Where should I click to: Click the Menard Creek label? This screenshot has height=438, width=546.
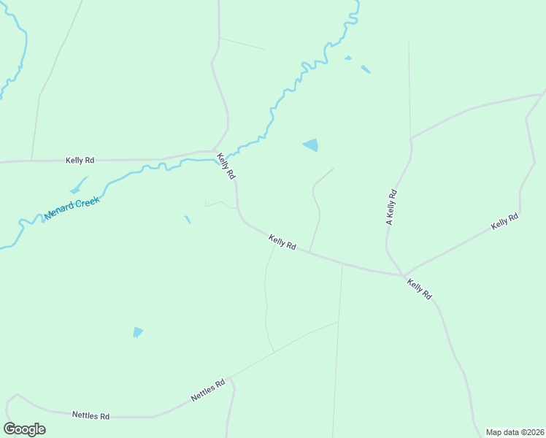click(x=72, y=207)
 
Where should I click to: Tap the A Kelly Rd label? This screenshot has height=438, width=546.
click(x=391, y=207)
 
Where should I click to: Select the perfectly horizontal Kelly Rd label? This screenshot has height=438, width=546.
click(x=80, y=160)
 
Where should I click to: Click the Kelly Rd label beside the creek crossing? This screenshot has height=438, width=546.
click(x=226, y=166)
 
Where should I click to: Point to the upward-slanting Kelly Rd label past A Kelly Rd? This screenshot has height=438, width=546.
click(x=504, y=221)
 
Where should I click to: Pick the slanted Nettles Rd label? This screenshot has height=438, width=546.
click(x=208, y=391)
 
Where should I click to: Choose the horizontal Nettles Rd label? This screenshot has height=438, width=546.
click(x=91, y=415)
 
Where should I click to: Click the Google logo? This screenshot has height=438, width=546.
click(x=24, y=429)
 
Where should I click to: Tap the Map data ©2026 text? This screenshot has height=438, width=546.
click(x=515, y=432)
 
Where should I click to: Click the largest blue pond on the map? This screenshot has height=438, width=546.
click(x=312, y=145)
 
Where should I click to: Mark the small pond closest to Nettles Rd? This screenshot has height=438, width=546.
click(x=137, y=332)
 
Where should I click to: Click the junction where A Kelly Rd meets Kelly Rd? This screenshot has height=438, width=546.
click(x=402, y=275)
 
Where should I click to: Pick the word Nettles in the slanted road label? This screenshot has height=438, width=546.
click(x=204, y=393)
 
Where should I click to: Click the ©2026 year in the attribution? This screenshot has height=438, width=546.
click(x=529, y=432)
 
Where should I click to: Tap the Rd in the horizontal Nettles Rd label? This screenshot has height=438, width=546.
click(x=104, y=415)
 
